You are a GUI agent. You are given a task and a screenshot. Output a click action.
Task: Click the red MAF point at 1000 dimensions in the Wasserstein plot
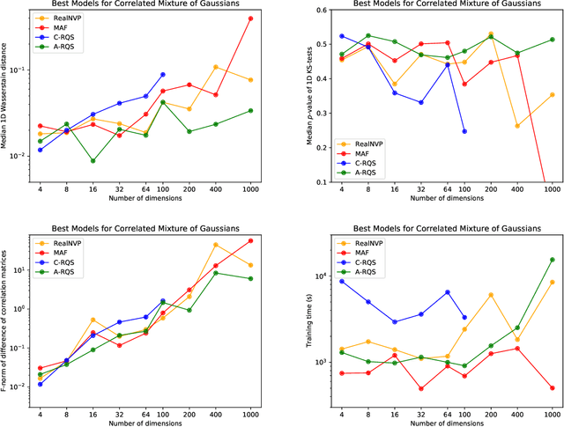[x=251, y=18]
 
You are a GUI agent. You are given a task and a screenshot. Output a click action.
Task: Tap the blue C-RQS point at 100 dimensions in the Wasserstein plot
[x=163, y=75]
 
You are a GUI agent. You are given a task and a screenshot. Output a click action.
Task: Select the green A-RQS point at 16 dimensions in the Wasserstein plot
[x=93, y=161]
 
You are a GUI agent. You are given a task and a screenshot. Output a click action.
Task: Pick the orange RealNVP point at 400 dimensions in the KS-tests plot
[x=516, y=126]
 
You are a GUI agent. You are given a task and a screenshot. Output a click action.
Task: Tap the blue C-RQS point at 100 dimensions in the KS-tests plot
[x=464, y=131]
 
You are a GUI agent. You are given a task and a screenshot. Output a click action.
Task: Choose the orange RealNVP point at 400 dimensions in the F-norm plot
[x=215, y=245]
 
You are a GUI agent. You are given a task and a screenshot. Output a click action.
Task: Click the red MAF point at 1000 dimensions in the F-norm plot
[x=251, y=240]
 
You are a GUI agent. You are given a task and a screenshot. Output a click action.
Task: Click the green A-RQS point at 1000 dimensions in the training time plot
[x=553, y=260]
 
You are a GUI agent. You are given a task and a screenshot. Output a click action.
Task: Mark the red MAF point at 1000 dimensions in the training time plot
[x=553, y=388]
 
